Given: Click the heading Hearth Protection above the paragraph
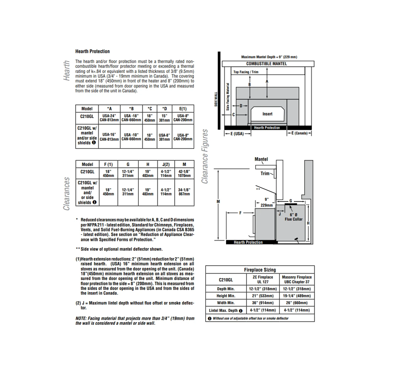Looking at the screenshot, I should [92, 52].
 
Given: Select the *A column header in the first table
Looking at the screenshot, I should [109, 109].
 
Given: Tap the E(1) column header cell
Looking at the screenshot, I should [183, 109].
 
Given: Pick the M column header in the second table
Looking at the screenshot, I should [184, 165].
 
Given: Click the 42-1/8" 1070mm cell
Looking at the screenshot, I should [184, 173].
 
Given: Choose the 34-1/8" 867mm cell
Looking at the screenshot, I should [184, 192].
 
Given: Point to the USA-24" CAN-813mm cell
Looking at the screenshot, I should [109, 118].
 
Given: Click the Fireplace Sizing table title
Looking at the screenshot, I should [260, 270].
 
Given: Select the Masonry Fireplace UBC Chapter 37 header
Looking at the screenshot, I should [296, 279].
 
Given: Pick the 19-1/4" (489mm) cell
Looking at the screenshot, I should [296, 296].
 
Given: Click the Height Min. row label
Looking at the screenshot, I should [226, 296].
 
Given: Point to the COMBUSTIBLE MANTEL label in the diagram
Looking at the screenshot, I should [267, 64].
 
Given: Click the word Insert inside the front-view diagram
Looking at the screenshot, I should [267, 114].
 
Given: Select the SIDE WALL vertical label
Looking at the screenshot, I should [216, 99].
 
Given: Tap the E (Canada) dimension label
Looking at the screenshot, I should [300, 133].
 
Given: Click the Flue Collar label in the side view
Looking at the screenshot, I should [294, 219].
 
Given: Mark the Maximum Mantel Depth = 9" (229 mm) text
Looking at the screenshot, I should [269, 57].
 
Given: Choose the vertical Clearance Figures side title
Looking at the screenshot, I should [205, 156].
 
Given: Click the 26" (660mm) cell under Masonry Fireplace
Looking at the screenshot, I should [296, 303].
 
